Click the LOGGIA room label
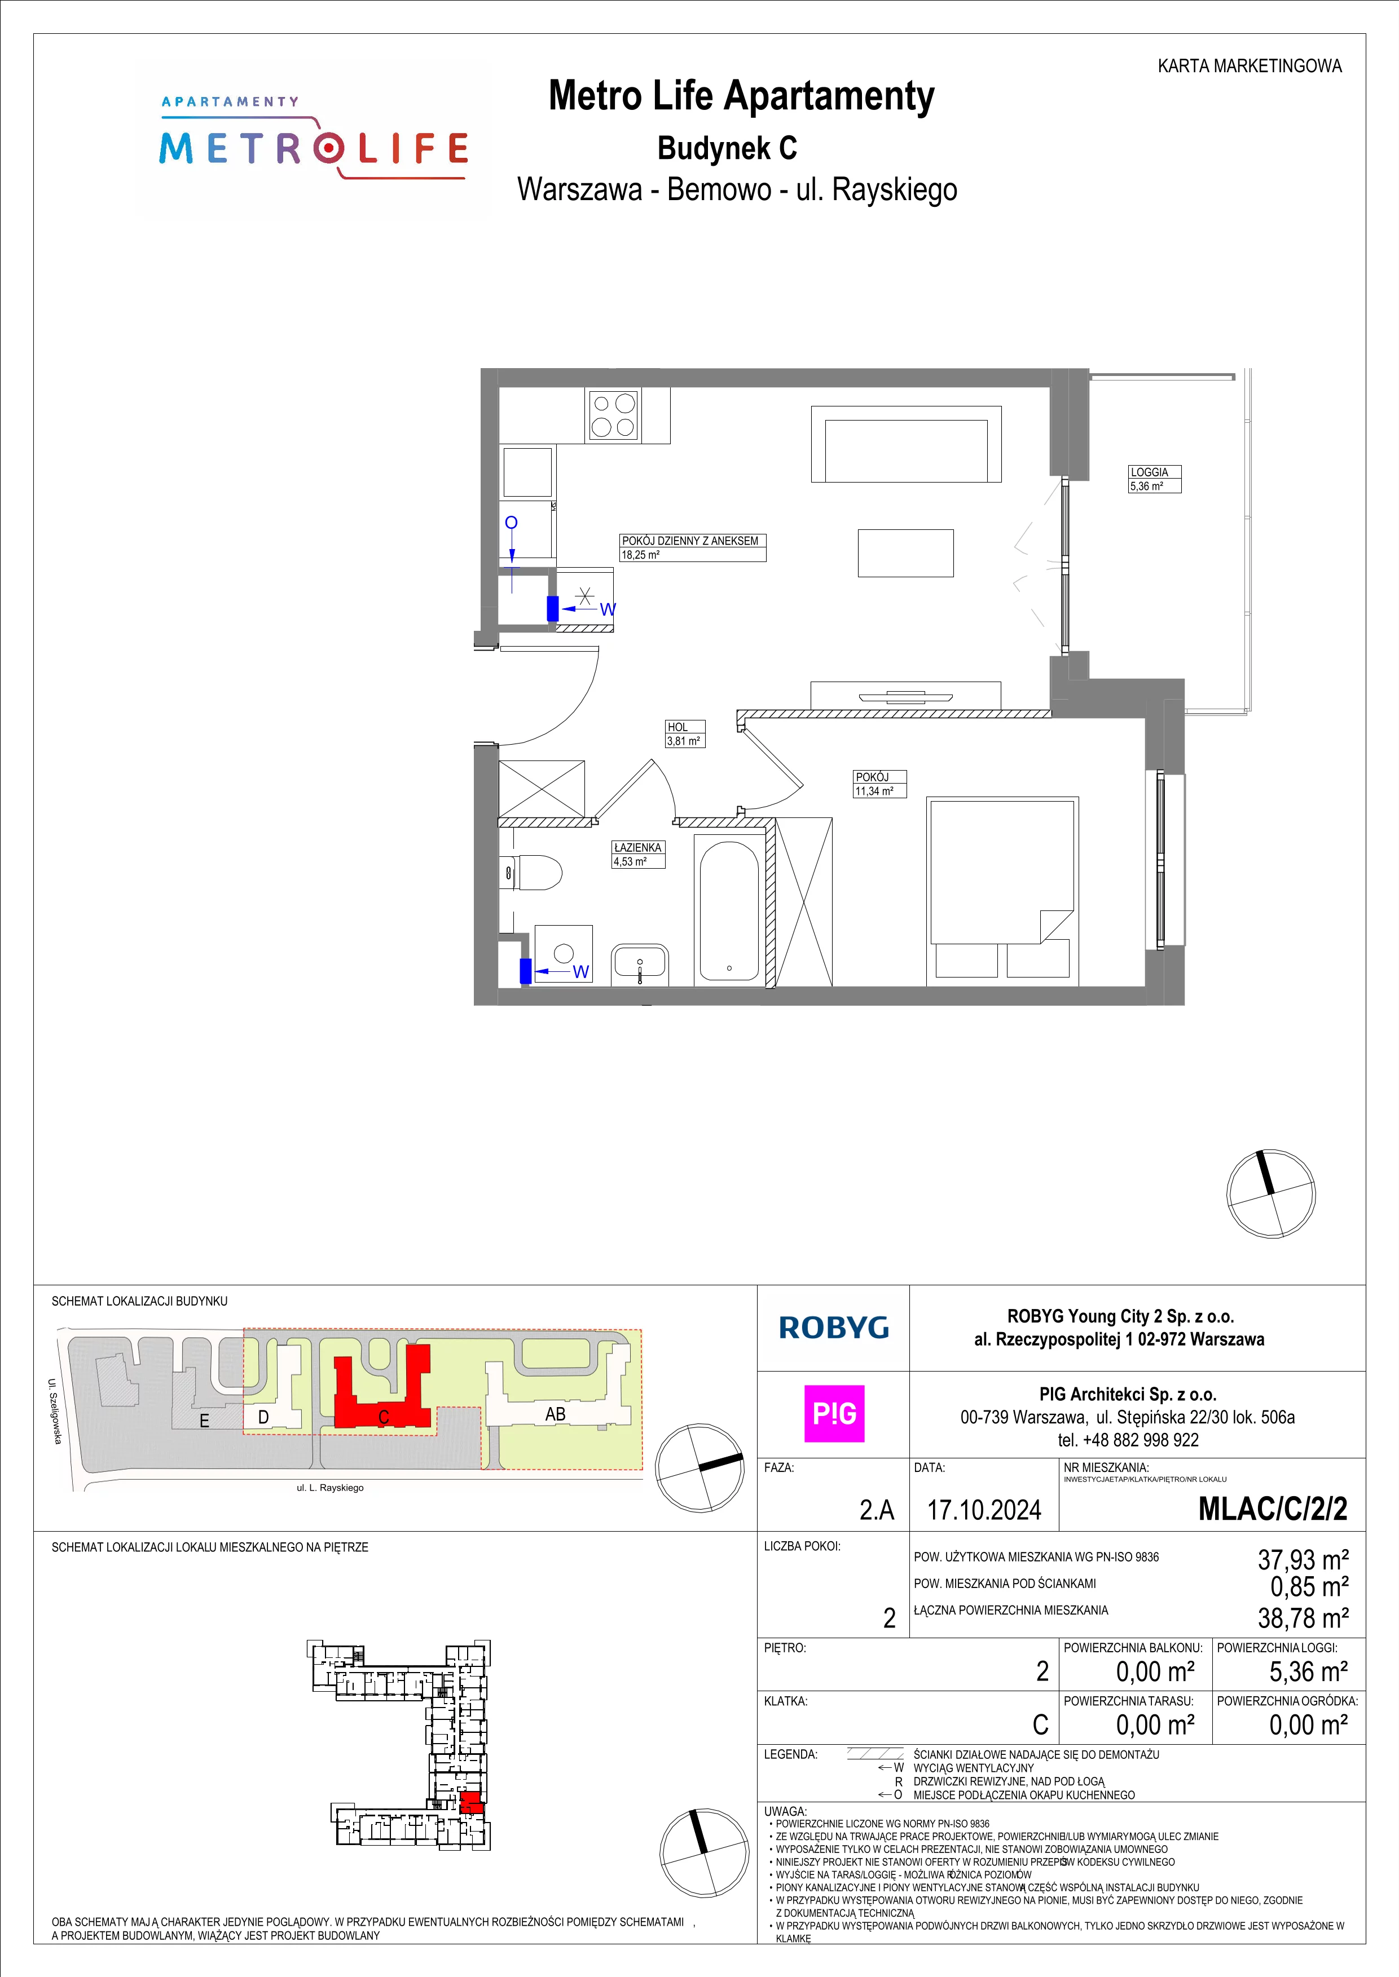(1149, 472)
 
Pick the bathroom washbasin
(640, 965)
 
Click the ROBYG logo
(833, 1327)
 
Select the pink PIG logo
(834, 1413)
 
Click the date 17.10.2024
(984, 1510)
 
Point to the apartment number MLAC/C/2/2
(1273, 1509)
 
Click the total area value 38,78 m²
(1303, 1618)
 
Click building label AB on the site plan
(555, 1413)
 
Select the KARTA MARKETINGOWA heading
(1249, 65)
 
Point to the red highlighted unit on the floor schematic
(470, 1802)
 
